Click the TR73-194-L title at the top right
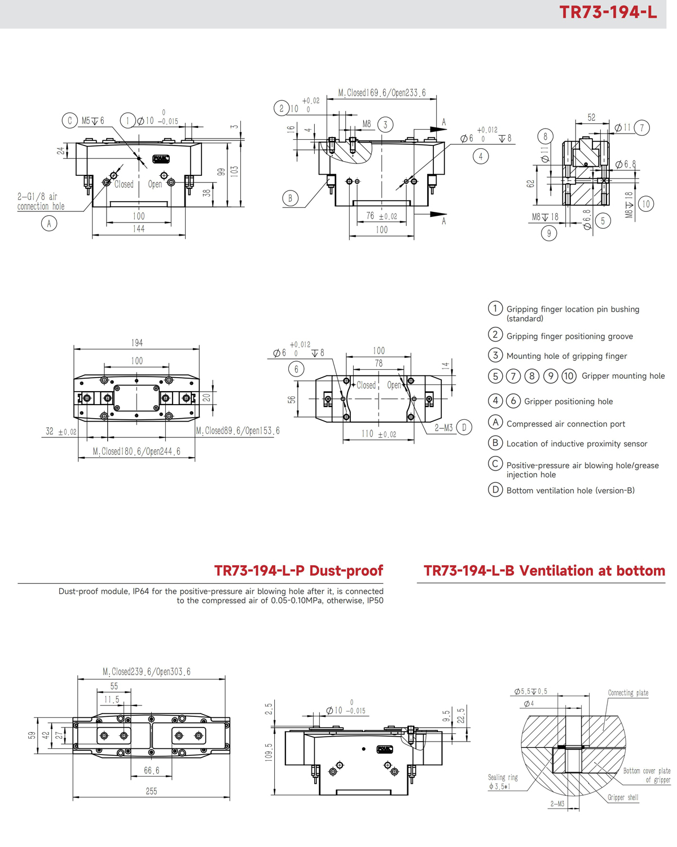pos(608,12)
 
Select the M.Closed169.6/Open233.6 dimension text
pos(381,93)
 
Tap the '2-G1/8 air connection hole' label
pos(41,202)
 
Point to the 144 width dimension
pos(138,229)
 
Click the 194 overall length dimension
pos(137,343)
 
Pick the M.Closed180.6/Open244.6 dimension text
pos(137,451)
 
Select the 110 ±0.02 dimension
pos(379,434)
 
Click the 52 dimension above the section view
pos(591,118)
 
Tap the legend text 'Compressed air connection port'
pos(565,424)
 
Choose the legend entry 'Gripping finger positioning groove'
pos(569,336)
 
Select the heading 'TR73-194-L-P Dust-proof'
pos(298,571)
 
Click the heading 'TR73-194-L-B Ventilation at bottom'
pos(544,571)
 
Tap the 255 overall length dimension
pos(151,791)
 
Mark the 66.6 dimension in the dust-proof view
pos(151,770)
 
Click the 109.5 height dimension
pos(269,752)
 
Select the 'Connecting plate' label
pos(628,693)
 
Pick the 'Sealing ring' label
pos(503,778)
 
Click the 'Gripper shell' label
pos(623,797)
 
